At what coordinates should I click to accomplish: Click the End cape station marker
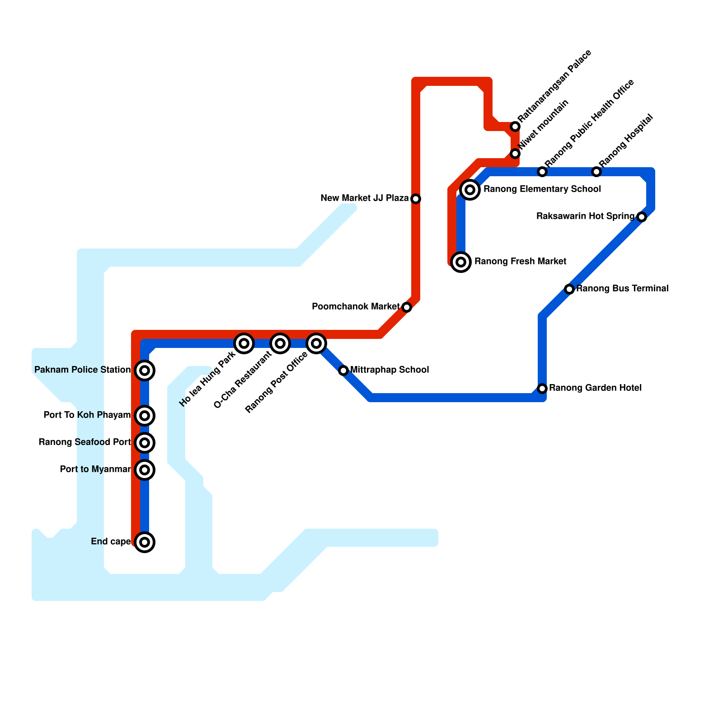pyautogui.click(x=145, y=542)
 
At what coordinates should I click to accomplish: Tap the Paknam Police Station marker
pyautogui.click(x=145, y=371)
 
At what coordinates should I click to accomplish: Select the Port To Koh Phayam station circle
pyautogui.click(x=145, y=416)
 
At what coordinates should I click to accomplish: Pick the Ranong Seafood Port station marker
pyautogui.click(x=145, y=443)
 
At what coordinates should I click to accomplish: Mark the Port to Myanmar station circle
pyautogui.click(x=145, y=470)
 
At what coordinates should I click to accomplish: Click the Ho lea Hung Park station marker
pyautogui.click(x=244, y=343)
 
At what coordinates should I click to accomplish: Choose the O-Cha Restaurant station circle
pyautogui.click(x=280, y=343)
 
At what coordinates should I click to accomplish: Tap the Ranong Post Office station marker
pyautogui.click(x=316, y=343)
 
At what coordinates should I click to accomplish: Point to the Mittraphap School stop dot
pyautogui.click(x=343, y=371)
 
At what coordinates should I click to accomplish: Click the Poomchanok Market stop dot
pyautogui.click(x=407, y=307)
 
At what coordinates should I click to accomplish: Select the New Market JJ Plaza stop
pyautogui.click(x=416, y=199)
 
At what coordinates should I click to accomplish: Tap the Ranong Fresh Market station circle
pyautogui.click(x=461, y=262)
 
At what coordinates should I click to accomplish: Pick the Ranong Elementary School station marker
pyautogui.click(x=470, y=190)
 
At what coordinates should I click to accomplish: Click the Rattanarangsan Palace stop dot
pyautogui.click(x=515, y=127)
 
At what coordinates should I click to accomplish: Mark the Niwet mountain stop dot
pyautogui.click(x=515, y=154)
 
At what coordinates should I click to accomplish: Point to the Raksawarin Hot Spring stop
pyautogui.click(x=642, y=217)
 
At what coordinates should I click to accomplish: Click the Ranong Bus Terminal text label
pyautogui.click(x=622, y=288)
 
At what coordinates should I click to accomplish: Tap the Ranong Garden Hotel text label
pyautogui.click(x=595, y=388)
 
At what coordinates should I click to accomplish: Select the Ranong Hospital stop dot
pyautogui.click(x=596, y=172)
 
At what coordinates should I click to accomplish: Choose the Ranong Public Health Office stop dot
pyautogui.click(x=542, y=172)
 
